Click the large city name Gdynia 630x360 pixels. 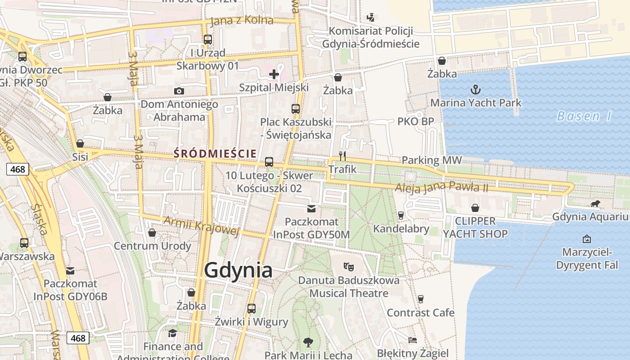click(238, 270)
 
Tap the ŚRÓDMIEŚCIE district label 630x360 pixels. click(215, 154)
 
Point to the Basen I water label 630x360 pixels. click(584, 116)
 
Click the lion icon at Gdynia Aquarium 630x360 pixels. click(595, 204)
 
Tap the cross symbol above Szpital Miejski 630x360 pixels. click(274, 74)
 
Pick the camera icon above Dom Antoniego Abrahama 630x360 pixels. click(179, 91)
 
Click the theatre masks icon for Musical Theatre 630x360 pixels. click(348, 266)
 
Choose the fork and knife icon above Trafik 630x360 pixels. click(342, 156)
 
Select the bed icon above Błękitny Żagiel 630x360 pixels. click(413, 340)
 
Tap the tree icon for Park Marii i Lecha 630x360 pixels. click(308, 342)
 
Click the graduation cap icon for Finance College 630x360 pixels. click(173, 333)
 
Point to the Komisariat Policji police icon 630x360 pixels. click(370, 18)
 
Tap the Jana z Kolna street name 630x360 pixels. click(242, 21)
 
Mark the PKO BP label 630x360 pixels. click(415, 121)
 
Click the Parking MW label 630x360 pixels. click(432, 160)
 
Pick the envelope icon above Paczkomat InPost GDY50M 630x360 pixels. click(311, 209)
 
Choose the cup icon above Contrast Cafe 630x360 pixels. click(421, 299)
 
